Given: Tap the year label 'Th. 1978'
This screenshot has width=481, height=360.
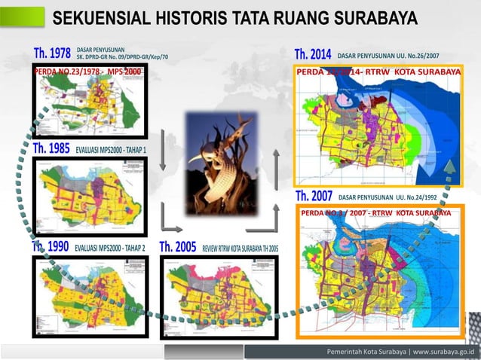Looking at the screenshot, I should [x=52, y=54].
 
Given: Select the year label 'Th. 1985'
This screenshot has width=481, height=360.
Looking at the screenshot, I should [x=52, y=149].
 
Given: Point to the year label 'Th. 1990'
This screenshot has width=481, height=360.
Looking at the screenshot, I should [x=51, y=247].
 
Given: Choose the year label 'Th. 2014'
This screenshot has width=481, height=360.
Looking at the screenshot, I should [x=313, y=55].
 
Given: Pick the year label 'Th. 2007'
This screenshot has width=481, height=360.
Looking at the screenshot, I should [x=314, y=197].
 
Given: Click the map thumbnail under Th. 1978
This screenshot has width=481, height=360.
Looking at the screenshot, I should [x=89, y=105].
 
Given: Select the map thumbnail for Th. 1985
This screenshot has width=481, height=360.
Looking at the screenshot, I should [x=89, y=197].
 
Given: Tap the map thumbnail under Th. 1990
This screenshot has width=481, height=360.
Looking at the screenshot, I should [x=89, y=296].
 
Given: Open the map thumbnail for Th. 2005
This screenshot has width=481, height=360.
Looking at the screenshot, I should [x=219, y=296].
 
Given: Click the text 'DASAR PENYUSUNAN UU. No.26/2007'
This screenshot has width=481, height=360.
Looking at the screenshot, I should [x=399, y=56].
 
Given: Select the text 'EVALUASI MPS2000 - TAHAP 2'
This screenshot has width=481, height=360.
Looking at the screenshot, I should [x=111, y=248].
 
